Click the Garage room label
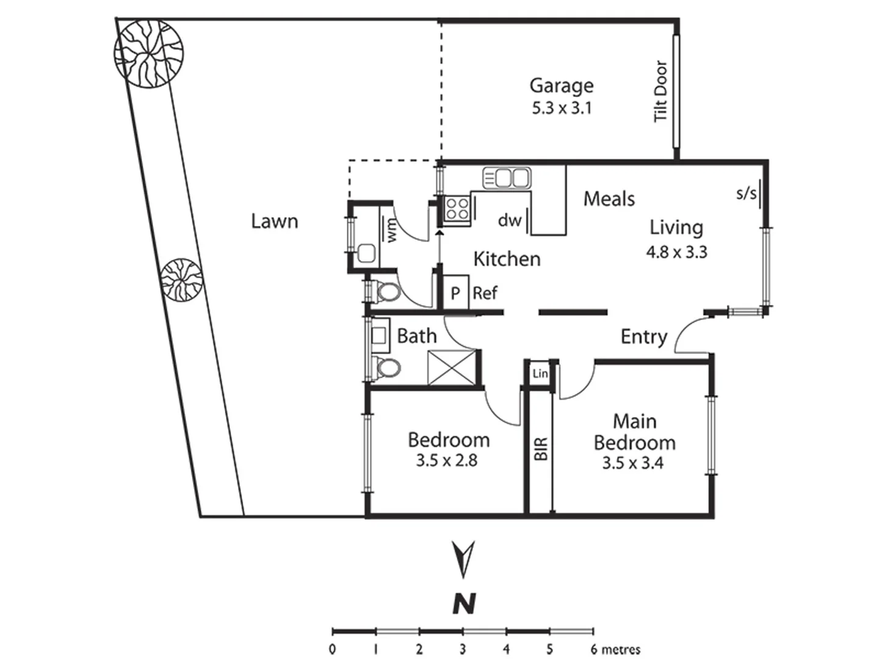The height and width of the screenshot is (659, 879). click(561, 87)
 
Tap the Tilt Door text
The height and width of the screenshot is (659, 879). click(660, 91)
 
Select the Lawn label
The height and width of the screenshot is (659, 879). click(274, 221)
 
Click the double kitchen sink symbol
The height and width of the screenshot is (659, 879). click(507, 178)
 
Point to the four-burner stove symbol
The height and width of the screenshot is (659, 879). click(457, 209)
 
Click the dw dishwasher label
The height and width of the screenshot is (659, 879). click(509, 220)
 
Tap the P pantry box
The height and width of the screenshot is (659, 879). click(455, 293)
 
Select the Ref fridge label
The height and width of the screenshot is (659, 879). click(485, 293)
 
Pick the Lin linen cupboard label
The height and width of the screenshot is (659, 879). click(540, 373)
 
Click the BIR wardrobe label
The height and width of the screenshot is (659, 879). click(541, 449)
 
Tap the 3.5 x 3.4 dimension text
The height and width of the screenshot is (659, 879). click(632, 463)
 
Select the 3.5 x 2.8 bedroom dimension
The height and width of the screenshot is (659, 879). click(446, 461)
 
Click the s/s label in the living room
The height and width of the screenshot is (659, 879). click(746, 193)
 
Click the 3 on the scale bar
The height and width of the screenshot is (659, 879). click(463, 649)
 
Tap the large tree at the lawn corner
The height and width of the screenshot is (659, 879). click(148, 53)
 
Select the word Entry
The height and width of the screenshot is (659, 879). click(643, 337)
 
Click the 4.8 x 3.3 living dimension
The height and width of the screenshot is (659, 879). click(676, 252)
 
